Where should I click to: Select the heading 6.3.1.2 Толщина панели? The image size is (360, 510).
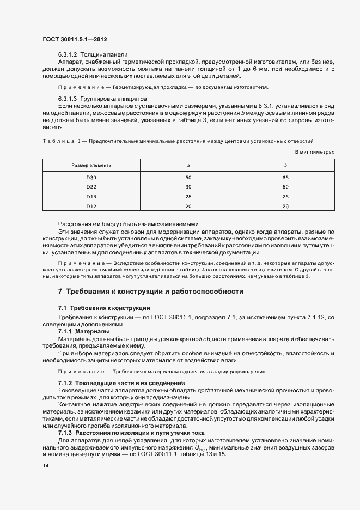(x=93, y=54)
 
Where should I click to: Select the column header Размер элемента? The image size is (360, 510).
(x=91, y=165)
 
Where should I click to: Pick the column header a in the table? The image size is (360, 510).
(x=188, y=165)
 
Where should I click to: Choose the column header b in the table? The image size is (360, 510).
(x=285, y=165)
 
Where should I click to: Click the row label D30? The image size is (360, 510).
(x=91, y=178)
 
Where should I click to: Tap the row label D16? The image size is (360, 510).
(x=91, y=196)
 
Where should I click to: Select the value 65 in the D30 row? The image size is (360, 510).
(x=285, y=178)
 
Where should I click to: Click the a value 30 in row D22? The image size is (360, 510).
(x=188, y=187)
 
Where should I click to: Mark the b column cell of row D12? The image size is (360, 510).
(x=285, y=206)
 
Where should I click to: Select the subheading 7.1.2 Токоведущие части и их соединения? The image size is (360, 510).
(x=121, y=383)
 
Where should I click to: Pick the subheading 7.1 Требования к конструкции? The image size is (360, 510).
(x=104, y=308)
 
